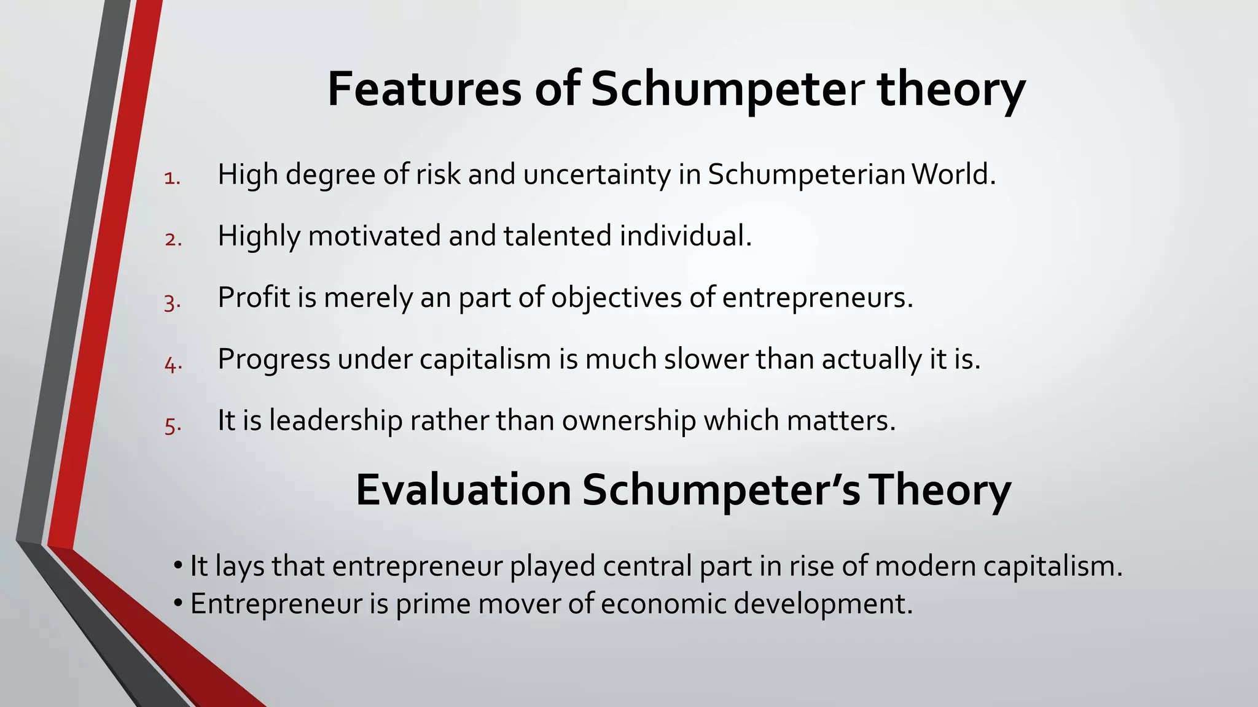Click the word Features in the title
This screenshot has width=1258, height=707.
coord(424,90)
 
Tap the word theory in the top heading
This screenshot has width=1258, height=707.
coord(951,90)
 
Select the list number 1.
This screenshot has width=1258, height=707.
coord(172,179)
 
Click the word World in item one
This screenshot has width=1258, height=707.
coord(953,174)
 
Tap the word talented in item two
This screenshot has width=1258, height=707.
coord(558,236)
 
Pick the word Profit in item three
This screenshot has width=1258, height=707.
coord(254,297)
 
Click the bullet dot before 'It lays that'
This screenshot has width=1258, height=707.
coord(178,565)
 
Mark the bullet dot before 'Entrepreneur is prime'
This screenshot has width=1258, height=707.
coord(178,603)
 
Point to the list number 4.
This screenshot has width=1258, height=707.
coord(173,364)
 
